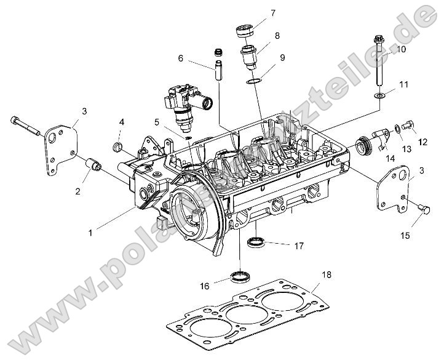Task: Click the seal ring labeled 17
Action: [256, 241]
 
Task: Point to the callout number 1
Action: [90, 233]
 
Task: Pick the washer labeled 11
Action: [381, 95]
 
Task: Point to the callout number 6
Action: [181, 58]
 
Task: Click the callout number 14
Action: [390, 159]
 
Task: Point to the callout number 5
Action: [157, 122]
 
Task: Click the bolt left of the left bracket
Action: [25, 125]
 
